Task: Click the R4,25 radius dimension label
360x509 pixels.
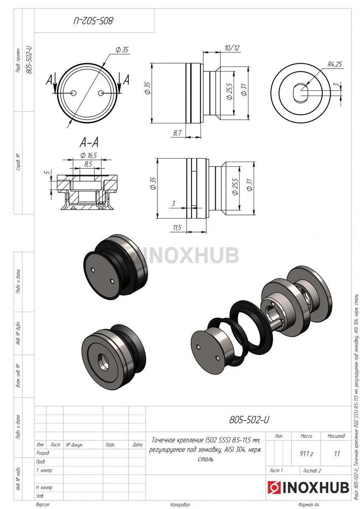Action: pyautogui.click(x=335, y=64)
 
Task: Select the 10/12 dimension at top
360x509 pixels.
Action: pyautogui.click(x=232, y=48)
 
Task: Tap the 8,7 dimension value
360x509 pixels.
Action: pyautogui.click(x=177, y=133)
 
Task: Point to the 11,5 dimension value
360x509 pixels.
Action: pyautogui.click(x=177, y=227)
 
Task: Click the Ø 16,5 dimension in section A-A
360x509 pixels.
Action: pyautogui.click(x=89, y=155)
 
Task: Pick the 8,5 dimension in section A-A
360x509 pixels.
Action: pyautogui.click(x=88, y=164)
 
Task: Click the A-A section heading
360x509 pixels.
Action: pyautogui.click(x=89, y=143)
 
